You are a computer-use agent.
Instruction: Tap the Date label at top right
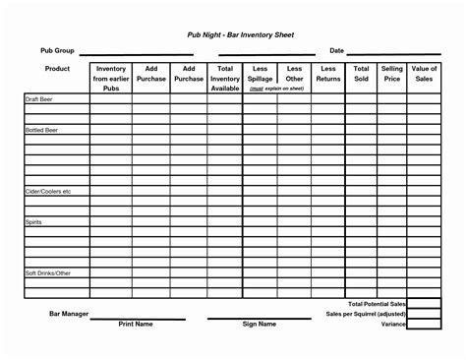point(336,50)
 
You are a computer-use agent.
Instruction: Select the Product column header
point(56,69)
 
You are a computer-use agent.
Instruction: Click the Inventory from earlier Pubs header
point(110,78)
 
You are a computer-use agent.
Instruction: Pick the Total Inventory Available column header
point(225,78)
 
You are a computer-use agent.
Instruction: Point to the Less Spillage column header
point(261,74)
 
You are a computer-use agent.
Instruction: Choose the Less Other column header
point(294,74)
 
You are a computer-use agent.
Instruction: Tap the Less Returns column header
point(327,74)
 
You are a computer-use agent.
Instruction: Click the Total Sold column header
point(361,74)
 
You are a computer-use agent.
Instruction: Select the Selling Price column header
point(391,74)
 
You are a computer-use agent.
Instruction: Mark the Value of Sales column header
point(424,74)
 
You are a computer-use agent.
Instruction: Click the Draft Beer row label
point(38,100)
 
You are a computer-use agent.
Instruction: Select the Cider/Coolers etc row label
point(48,191)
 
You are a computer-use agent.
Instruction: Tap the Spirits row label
point(33,223)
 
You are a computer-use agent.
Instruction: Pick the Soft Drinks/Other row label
point(48,271)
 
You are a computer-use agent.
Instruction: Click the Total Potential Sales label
point(376,305)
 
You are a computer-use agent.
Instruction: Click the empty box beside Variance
point(424,324)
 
